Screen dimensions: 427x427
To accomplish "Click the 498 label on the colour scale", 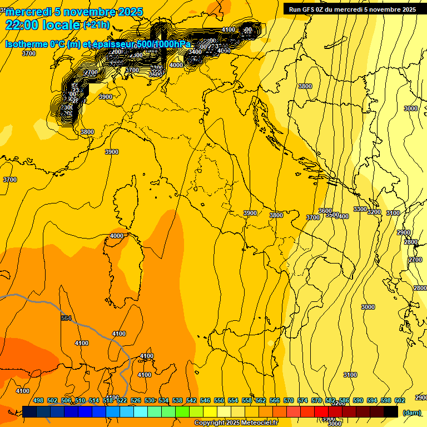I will pos(38,400).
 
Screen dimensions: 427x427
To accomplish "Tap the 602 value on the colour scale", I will pos(400,400).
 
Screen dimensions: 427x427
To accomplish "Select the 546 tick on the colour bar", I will pos(205,400).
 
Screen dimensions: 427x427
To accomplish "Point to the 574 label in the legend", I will pos(302,400).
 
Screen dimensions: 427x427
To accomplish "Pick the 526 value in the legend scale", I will pos(136,400).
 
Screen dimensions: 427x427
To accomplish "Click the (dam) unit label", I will pos(411,412).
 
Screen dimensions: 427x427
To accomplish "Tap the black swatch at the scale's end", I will pos(391,411).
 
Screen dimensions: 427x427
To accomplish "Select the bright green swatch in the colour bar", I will pos(182,411).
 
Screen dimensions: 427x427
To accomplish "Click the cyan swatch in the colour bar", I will pos(141,411).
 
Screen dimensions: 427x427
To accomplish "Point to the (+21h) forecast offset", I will pos(96,25).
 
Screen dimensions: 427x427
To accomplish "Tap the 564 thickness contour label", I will pos(67,318).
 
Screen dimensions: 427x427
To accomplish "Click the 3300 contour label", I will pos(360,209).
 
